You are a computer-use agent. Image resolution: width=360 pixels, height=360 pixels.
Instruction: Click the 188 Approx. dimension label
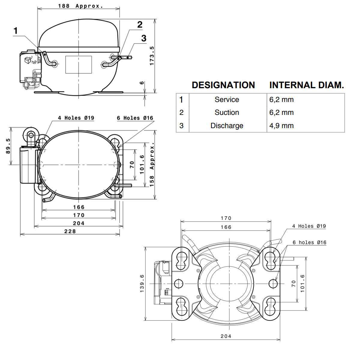point(80,6)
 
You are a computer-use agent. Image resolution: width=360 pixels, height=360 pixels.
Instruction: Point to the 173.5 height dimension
point(152,56)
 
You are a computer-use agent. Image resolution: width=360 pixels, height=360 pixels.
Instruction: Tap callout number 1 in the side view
point(16,31)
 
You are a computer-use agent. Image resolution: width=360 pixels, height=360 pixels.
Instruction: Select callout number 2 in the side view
point(140,25)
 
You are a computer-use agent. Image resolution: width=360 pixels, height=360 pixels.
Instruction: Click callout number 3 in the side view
point(144,38)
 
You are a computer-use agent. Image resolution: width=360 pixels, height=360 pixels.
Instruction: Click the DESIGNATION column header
point(223,85)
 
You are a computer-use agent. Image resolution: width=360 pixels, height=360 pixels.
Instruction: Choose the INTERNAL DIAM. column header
point(307,85)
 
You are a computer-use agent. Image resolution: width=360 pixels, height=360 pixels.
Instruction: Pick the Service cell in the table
point(227,100)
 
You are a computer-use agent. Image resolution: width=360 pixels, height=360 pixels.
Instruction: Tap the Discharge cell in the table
point(227,125)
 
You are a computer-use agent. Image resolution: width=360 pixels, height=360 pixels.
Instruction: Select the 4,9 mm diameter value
point(281,125)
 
